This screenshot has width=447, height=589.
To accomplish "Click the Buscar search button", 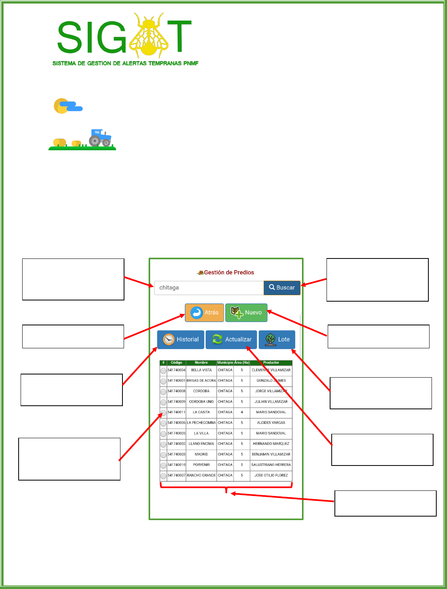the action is pyautogui.click(x=282, y=288).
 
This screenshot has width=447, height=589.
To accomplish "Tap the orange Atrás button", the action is pyautogui.click(x=204, y=312).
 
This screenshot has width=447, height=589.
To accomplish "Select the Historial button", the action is pyautogui.click(x=181, y=340).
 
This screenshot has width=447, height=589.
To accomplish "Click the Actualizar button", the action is pyautogui.click(x=231, y=340).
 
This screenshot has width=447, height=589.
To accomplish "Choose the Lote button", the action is pyautogui.click(x=277, y=340).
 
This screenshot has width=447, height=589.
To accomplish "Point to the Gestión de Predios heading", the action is pyautogui.click(x=226, y=272).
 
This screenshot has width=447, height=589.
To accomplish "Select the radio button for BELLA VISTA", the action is pyautogui.click(x=163, y=370).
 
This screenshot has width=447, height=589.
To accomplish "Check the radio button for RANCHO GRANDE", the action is pyautogui.click(x=163, y=476).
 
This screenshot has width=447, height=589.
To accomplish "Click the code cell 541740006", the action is pyautogui.click(x=176, y=423).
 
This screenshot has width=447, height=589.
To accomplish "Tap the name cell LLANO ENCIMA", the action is pyautogui.click(x=201, y=444).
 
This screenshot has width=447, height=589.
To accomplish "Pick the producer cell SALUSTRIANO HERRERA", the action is pyautogui.click(x=271, y=465).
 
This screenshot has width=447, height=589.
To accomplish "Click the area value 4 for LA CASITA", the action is pyautogui.click(x=242, y=412).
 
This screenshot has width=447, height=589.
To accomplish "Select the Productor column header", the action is pyautogui.click(x=271, y=363).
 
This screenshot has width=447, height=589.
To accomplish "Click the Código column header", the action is pyautogui.click(x=176, y=363).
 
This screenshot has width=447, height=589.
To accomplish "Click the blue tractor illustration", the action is pyautogui.click(x=100, y=137).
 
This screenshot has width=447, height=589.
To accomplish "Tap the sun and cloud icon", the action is pyautogui.click(x=68, y=106).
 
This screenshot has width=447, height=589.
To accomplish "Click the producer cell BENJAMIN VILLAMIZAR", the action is pyautogui.click(x=271, y=454).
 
